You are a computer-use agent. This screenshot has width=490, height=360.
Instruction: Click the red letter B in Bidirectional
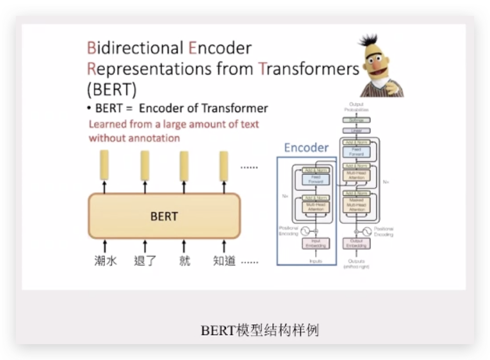pyautogui.click(x=91, y=48)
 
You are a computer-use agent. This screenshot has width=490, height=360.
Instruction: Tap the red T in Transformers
pyautogui.click(x=262, y=69)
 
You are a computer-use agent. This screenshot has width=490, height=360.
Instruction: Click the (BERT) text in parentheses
pyautogui.click(x=111, y=90)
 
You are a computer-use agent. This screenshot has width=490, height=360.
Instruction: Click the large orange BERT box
pyautogui.click(x=164, y=216)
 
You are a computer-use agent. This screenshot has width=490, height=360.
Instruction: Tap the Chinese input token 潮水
pyautogui.click(x=105, y=260)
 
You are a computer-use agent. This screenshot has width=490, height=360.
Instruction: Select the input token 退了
pyautogui.click(x=145, y=260)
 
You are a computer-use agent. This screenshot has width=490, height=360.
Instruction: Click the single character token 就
pyautogui.click(x=184, y=260)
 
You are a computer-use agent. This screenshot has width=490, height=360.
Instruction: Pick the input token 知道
pyautogui.click(x=224, y=260)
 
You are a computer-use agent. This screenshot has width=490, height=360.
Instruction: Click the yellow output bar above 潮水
pyautogui.click(x=105, y=164)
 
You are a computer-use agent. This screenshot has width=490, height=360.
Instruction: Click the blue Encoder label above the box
pyautogui.click(x=306, y=148)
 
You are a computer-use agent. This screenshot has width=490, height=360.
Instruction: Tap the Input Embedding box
pyautogui.click(x=316, y=244)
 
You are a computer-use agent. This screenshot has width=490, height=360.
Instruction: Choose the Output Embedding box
pyautogui.click(x=356, y=244)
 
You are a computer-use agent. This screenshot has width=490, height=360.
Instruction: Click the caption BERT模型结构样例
pyautogui.click(x=260, y=330)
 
